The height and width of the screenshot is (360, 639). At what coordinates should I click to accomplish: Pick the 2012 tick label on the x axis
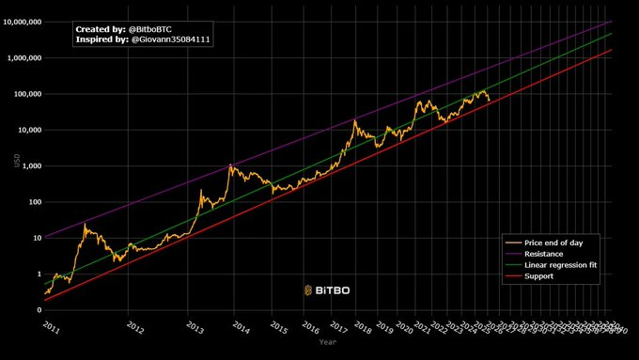[135, 327]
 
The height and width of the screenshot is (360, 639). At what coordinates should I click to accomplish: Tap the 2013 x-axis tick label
[195, 327]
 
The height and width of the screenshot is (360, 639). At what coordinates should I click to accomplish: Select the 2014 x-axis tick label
[241, 327]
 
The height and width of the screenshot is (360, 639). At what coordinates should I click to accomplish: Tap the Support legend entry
[540, 276]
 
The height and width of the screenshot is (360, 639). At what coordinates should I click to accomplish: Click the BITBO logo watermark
[327, 290]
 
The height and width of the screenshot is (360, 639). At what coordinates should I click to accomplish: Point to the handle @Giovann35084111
[171, 39]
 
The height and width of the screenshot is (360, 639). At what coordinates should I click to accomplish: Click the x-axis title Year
[327, 342]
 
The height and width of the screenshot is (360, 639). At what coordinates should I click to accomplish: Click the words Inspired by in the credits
[100, 39]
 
